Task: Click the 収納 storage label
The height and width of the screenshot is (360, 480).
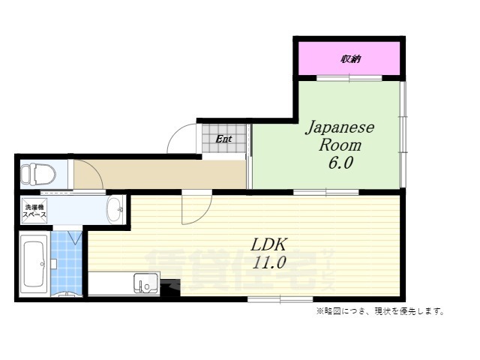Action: (349, 58)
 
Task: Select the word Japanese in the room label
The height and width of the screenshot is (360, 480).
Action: (339, 128)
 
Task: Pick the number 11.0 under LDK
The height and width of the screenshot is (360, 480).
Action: (271, 262)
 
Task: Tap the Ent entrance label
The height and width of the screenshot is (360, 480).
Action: (223, 139)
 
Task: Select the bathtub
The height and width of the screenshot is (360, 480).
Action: (34, 263)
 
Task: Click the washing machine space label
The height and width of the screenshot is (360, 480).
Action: (34, 211)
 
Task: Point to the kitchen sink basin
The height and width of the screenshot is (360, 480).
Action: (145, 283)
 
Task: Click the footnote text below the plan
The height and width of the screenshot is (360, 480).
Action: (379, 311)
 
